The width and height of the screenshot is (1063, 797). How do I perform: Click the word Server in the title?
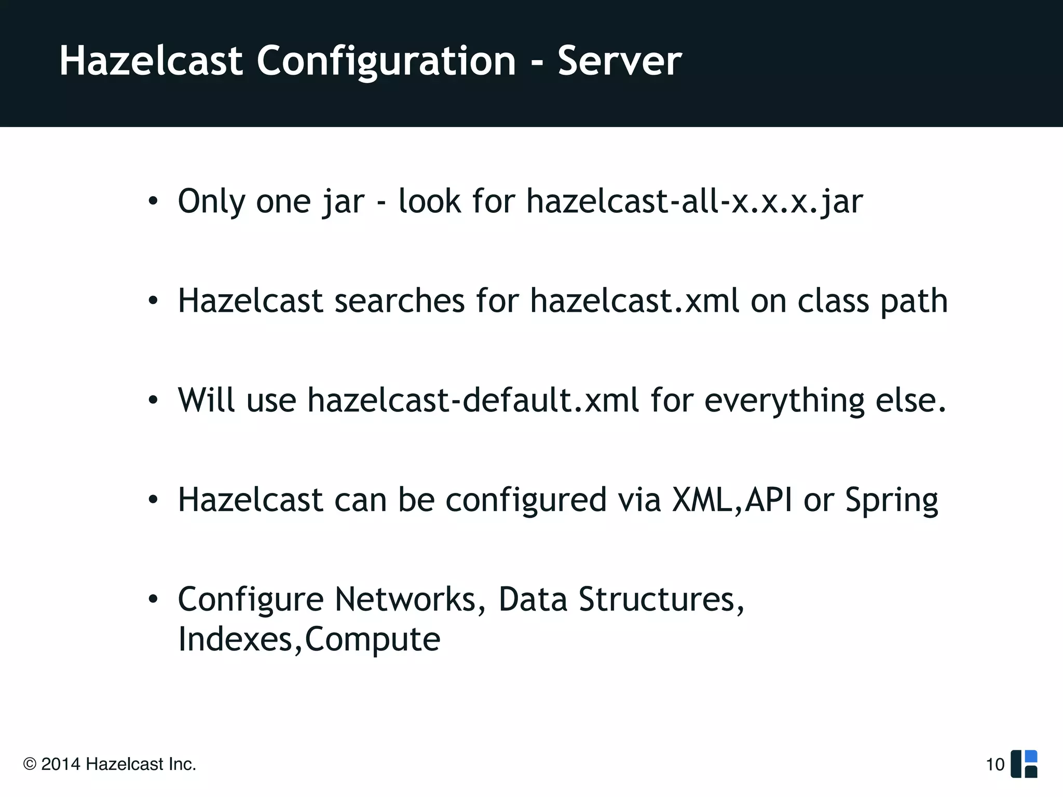[619, 61]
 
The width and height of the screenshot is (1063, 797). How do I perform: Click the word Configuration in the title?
[386, 61]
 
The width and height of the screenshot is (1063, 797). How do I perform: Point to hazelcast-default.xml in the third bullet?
[473, 401]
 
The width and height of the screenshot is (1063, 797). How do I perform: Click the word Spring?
[891, 500]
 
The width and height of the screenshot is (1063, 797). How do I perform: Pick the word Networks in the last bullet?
[405, 600]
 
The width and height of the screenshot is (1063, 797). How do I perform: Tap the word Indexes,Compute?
[309, 639]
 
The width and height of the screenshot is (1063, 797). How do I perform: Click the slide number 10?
[995, 764]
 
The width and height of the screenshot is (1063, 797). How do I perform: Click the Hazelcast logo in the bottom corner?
[1024, 764]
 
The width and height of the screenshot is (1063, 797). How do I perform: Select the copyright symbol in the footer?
[30, 764]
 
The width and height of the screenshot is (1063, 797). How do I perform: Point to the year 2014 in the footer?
[61, 764]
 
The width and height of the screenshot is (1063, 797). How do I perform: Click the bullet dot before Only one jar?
[153, 202]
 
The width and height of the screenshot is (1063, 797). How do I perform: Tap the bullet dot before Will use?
[153, 401]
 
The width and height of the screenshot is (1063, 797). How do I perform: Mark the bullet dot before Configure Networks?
[153, 600]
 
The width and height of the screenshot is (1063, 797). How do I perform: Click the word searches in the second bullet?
[399, 301]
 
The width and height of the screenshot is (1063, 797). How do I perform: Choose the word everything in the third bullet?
[784, 401]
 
